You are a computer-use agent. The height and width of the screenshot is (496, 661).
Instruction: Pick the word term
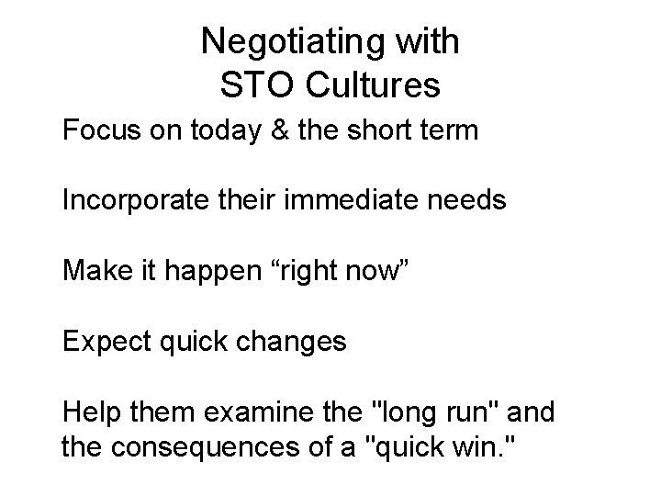[449, 130]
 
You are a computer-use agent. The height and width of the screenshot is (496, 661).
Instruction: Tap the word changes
[291, 343]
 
